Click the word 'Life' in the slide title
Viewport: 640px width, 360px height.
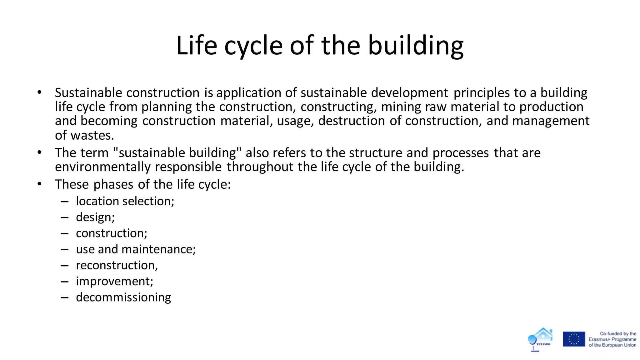pos(197,46)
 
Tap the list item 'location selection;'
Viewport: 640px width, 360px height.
pos(125,201)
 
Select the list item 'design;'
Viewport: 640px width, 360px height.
pos(95,217)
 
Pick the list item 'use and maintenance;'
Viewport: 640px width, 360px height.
pos(136,249)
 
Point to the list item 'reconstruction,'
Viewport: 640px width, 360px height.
pos(117,265)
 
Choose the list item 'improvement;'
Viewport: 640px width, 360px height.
pos(114,281)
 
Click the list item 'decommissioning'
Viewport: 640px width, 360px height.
pos(123,297)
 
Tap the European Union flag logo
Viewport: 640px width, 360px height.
pos(574,339)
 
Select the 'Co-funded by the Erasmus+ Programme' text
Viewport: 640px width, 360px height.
pos(612,339)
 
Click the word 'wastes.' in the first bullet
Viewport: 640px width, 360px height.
pos(92,135)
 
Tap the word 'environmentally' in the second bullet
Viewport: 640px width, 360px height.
pos(103,167)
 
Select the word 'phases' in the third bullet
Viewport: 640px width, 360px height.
pos(113,184)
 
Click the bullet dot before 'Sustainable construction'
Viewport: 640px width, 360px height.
pos(39,92)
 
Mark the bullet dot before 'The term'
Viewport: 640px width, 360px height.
pos(39,152)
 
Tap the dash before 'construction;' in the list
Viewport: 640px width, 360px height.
pos(65,233)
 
